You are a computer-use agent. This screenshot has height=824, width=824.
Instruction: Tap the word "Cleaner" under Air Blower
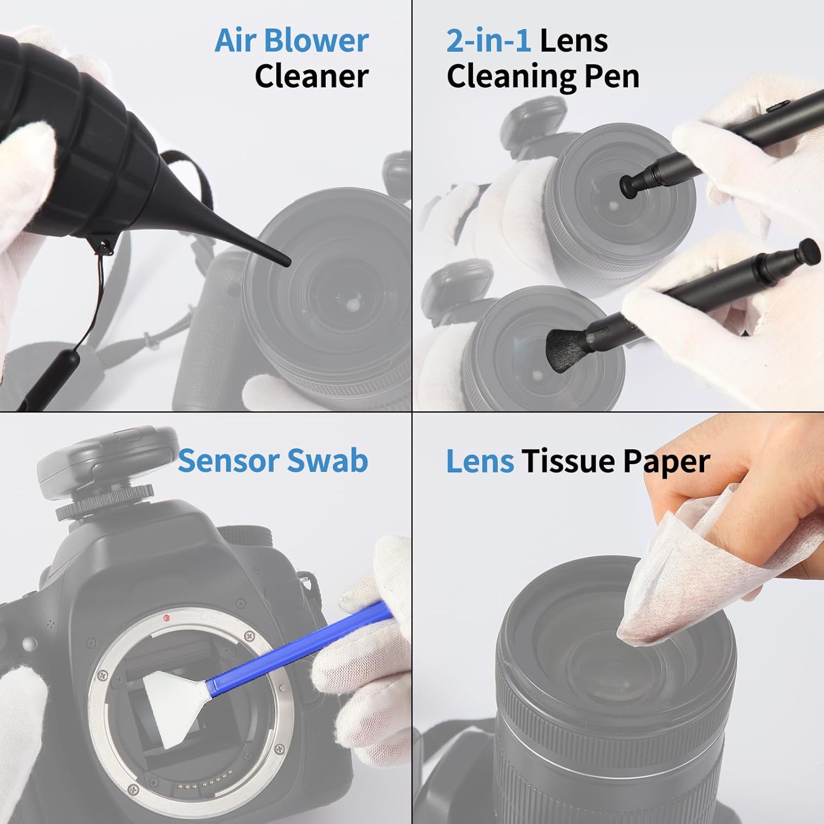click(311, 76)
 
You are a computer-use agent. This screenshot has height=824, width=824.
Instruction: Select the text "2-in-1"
click(488, 41)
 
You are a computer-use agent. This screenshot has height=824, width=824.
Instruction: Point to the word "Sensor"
click(226, 460)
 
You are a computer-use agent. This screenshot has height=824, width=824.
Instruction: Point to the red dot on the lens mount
click(166, 619)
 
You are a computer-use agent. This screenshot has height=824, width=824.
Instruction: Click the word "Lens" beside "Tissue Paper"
click(479, 461)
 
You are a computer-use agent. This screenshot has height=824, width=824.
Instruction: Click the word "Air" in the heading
click(236, 41)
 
